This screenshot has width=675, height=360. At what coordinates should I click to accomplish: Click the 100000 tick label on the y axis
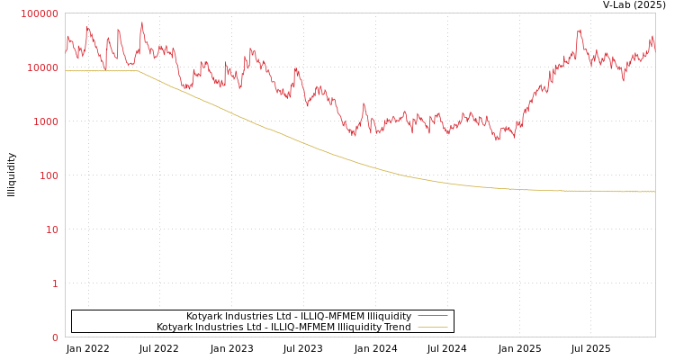click(40, 13)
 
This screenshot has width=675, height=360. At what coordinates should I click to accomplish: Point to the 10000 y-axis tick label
click(43, 67)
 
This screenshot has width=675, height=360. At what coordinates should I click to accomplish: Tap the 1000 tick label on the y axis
click(46, 121)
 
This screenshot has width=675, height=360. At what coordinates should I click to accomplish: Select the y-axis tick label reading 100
click(49, 175)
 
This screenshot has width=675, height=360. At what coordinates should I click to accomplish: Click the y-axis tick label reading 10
click(52, 229)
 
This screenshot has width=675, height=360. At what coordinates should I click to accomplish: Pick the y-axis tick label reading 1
click(55, 283)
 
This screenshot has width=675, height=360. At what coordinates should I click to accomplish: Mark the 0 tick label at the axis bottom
click(55, 337)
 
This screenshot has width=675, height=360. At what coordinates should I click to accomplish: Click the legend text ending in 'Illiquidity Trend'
click(283, 327)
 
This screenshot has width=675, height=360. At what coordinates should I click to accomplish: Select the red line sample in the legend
click(433, 316)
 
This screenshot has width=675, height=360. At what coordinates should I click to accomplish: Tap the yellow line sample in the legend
click(433, 327)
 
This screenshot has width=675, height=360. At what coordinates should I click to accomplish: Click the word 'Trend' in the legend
click(397, 327)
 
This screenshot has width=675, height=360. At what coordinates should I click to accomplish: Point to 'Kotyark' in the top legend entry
click(204, 316)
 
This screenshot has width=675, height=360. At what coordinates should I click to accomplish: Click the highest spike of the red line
click(141, 22)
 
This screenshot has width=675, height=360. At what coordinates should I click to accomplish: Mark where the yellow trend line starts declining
click(139, 71)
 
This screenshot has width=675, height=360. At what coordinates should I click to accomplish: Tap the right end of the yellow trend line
click(654, 192)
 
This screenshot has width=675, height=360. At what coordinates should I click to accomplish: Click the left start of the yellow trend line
click(66, 71)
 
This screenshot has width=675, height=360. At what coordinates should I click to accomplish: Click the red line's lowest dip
click(498, 139)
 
